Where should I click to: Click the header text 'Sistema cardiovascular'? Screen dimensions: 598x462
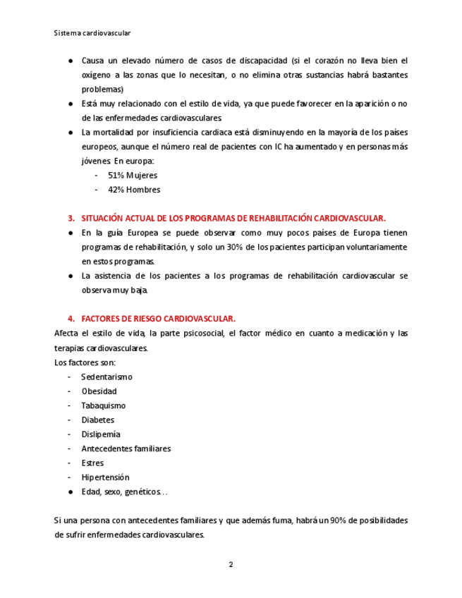point(92,32)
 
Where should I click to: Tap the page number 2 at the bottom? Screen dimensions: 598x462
point(231,564)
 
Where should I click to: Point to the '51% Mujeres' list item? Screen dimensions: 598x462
point(133,175)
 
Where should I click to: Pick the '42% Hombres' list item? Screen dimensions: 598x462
point(133,190)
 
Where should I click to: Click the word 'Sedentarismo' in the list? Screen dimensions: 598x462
point(107,377)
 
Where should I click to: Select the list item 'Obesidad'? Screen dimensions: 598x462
point(99,391)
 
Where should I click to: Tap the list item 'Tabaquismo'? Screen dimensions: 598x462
point(103,405)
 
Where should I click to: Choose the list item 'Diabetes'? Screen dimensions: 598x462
point(97,420)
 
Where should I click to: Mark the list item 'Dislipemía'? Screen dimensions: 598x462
point(101,434)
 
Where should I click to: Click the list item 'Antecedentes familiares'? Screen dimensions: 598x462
point(126,448)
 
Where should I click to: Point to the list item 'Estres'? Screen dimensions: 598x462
point(92,463)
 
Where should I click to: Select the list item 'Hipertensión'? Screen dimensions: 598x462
point(105,477)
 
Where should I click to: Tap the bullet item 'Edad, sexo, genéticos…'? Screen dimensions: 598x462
point(124,492)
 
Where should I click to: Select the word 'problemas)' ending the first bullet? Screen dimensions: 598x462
point(102,90)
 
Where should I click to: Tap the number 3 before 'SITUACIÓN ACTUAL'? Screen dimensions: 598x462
point(71,218)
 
